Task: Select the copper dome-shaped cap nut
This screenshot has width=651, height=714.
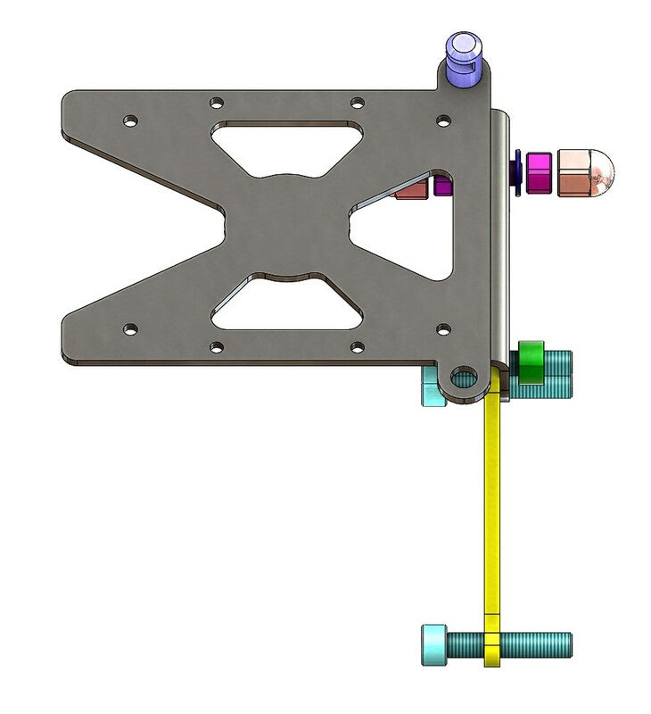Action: [584, 172]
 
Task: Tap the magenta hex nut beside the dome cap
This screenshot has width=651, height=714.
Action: [539, 172]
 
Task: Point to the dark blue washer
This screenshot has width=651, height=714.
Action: [516, 172]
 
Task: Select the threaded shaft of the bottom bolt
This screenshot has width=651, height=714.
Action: [535, 643]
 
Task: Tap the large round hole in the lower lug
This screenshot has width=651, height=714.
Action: [463, 378]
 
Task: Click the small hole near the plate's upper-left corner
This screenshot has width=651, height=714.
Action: [130, 119]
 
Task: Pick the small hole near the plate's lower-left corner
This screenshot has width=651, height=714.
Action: [130, 329]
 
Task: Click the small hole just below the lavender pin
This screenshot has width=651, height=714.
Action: [442, 118]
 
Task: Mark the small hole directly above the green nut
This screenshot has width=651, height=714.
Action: [442, 329]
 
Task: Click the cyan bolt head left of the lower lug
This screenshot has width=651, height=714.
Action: [433, 389]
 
